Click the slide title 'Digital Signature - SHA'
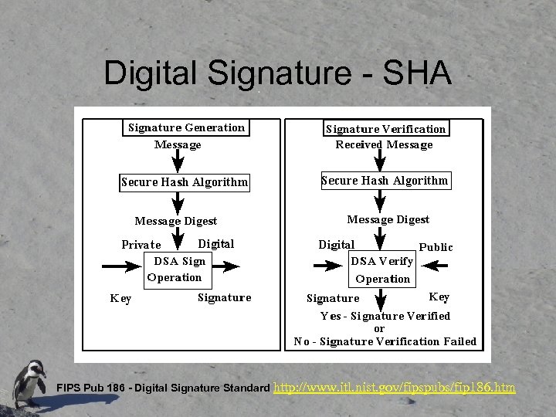coord(277,73)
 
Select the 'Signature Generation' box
coord(186,127)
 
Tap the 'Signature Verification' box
coord(385,129)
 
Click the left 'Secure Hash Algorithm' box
coord(185,183)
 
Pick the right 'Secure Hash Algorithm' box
coord(385,181)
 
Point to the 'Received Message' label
coord(384,144)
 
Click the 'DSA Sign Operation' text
coord(175,269)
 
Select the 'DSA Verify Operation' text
coord(382,270)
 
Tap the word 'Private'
coord(141,245)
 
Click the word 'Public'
coord(436,247)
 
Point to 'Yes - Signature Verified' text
coord(385,316)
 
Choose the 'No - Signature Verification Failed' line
coord(385,341)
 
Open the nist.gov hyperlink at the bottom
coord(395,386)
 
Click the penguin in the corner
coord(29,382)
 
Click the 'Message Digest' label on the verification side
coord(388,219)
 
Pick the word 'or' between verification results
coord(379,328)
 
